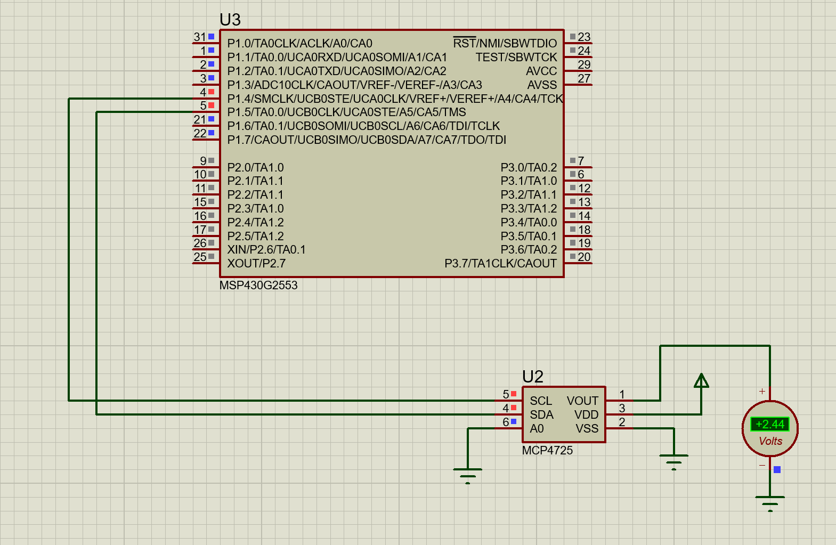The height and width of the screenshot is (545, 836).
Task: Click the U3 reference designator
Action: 230,20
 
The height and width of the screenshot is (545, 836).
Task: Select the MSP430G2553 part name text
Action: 258,285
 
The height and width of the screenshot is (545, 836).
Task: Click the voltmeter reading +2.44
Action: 769,424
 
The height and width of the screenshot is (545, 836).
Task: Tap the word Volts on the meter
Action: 770,441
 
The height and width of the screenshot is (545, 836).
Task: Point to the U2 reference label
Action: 532,377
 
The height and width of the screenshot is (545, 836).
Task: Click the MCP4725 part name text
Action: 547,450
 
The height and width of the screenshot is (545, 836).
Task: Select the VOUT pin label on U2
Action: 582,401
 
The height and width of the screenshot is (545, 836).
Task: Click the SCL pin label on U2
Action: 540,401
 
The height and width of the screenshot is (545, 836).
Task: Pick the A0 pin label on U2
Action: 537,428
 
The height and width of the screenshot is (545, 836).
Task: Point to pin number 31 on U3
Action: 199,37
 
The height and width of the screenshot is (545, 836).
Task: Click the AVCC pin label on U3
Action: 541,71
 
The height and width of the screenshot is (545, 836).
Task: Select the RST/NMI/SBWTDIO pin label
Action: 505,43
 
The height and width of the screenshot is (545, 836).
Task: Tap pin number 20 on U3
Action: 584,257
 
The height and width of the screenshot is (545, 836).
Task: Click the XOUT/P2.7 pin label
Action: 256,263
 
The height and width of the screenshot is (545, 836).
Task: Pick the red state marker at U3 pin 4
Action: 212,92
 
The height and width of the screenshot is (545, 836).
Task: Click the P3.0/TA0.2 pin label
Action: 528,167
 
